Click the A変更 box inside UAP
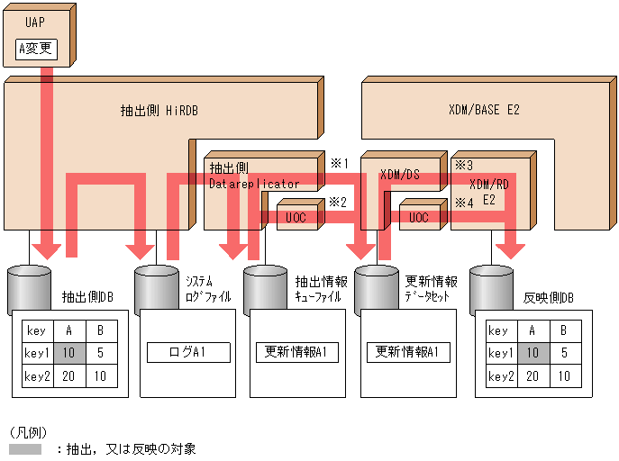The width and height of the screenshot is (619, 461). (37, 50)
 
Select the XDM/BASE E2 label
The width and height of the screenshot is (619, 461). (484, 110)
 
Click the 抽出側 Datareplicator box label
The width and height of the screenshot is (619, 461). (253, 176)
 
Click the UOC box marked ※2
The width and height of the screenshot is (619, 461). (296, 218)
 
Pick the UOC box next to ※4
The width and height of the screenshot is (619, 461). (419, 218)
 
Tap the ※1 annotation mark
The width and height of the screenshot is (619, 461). (338, 163)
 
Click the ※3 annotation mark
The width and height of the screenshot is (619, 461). (463, 165)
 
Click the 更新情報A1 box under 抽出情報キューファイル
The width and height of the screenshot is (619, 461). (296, 352)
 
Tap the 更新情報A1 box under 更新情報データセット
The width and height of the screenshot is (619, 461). (407, 352)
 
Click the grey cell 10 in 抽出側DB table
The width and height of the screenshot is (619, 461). (69, 353)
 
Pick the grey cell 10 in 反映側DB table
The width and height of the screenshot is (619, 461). (532, 353)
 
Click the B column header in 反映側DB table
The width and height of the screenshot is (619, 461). (563, 330)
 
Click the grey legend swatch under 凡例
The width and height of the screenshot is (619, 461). (24, 448)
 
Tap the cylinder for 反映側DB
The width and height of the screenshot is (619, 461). (491, 288)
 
